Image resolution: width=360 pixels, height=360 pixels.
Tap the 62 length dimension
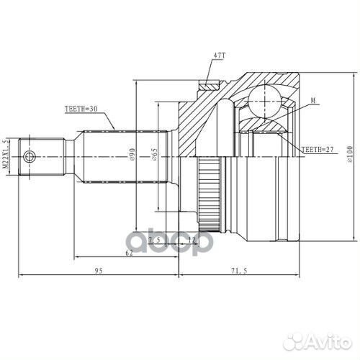pyautogui.click(x=128, y=253)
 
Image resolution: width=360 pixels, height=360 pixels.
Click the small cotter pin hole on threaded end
pyautogui.click(x=29, y=157)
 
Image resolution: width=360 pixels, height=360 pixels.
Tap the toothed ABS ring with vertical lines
pyautogui.click(x=209, y=194)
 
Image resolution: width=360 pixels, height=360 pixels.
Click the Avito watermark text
pyautogui.click(x=324, y=338)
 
